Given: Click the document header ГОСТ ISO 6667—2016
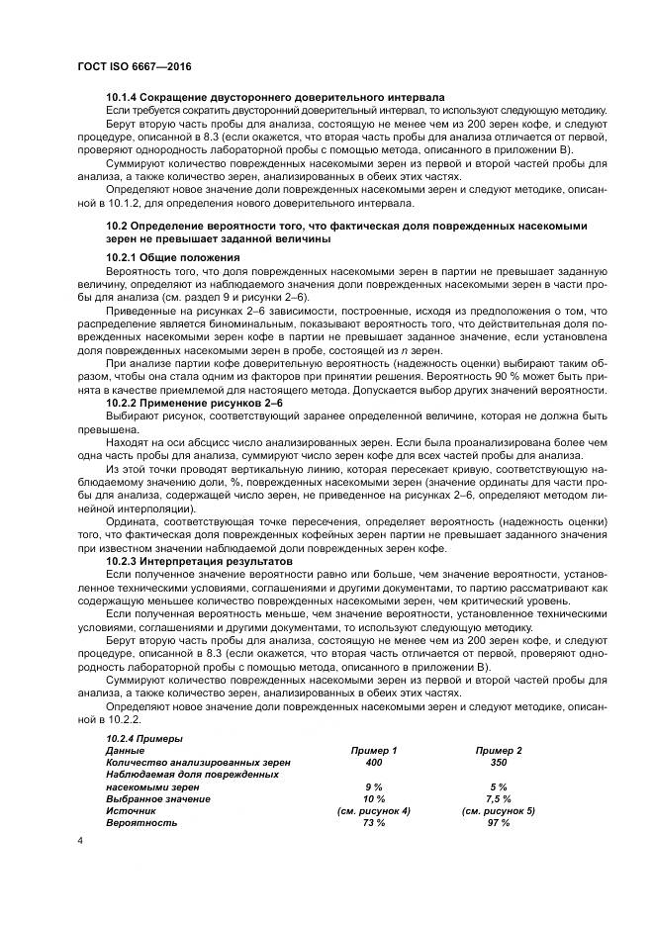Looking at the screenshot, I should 133,65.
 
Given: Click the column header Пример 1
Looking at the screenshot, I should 374,751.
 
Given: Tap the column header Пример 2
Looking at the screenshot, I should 499,751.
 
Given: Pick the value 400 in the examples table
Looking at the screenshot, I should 374,763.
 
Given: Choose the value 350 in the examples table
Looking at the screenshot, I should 499,763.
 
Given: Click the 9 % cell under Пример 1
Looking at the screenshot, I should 374,786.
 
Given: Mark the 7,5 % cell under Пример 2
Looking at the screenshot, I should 499,798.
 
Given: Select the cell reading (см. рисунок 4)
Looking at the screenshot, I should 374,810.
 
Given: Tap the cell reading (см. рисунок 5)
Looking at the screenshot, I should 499,810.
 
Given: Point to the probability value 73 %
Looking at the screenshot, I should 374,822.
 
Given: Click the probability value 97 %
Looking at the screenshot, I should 499,822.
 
